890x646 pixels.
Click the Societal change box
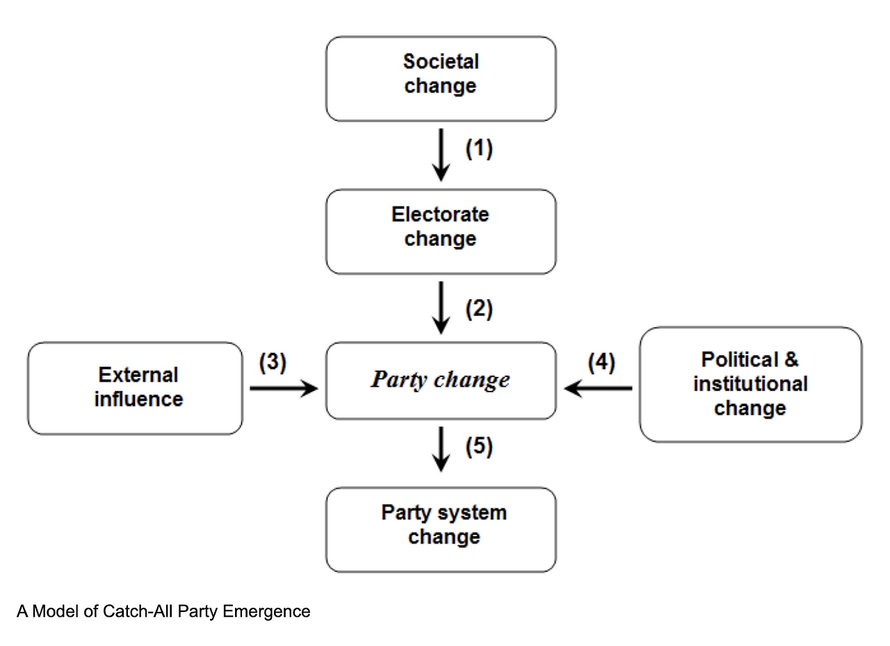click(x=441, y=79)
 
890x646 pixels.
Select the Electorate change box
click(x=441, y=232)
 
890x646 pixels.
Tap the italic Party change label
click(x=440, y=380)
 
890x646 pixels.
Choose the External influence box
click(x=136, y=388)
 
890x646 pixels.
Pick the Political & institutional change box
click(x=750, y=384)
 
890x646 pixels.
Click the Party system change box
click(x=441, y=529)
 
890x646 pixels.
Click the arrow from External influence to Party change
click(x=283, y=389)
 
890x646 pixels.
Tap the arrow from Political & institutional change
click(x=598, y=389)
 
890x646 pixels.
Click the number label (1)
click(x=479, y=149)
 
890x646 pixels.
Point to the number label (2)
click(x=479, y=308)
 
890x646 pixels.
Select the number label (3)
click(x=273, y=363)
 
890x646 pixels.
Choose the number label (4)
click(x=601, y=363)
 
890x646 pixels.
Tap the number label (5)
click(x=479, y=446)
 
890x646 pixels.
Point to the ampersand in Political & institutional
click(x=791, y=360)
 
